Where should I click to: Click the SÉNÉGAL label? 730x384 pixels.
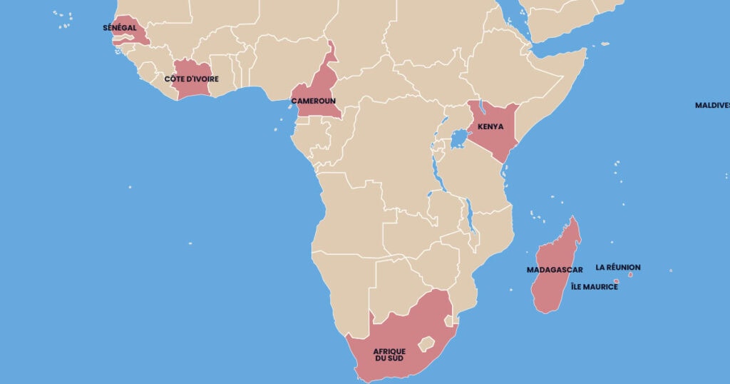pyautogui.click(x=119, y=28)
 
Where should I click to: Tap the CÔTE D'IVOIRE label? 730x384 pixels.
pyautogui.click(x=191, y=79)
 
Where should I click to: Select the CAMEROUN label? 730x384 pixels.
pyautogui.click(x=313, y=101)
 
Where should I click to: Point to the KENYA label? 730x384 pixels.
pyautogui.click(x=490, y=126)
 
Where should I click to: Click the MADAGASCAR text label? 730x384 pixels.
pyautogui.click(x=555, y=270)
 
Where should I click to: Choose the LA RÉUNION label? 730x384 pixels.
pyautogui.click(x=618, y=268)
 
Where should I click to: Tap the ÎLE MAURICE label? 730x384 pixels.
pyautogui.click(x=594, y=287)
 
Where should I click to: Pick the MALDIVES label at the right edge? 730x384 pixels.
pyautogui.click(x=712, y=105)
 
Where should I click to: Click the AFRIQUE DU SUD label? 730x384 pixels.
pyautogui.click(x=389, y=354)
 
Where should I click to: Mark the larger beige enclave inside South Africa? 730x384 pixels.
pyautogui.click(x=426, y=344)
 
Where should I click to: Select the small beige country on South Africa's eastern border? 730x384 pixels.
pyautogui.click(x=448, y=322)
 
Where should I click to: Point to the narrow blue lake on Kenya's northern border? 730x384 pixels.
pyautogui.click(x=480, y=108)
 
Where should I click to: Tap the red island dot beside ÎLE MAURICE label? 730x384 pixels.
pyautogui.click(x=616, y=281)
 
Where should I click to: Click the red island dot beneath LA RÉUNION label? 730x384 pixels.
pyautogui.click(x=630, y=274)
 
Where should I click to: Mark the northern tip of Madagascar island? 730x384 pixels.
pyautogui.click(x=574, y=218)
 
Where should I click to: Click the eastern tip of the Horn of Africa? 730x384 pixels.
pyautogui.click(x=585, y=49)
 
